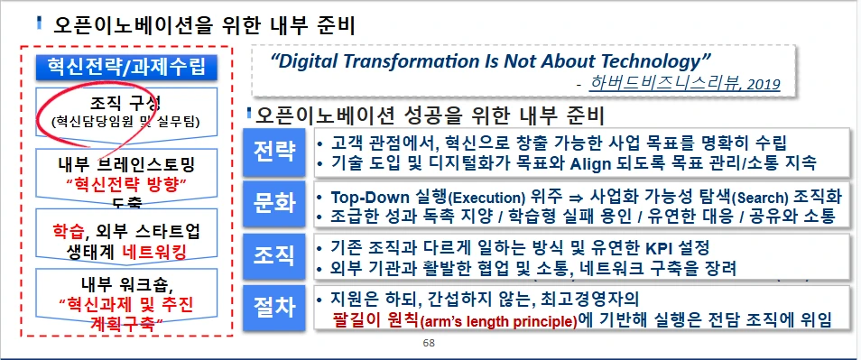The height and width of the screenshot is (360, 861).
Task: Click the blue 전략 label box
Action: pos(274,151)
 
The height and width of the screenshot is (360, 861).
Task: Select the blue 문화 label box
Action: pos(274,204)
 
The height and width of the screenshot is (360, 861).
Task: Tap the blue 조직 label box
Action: pos(274,255)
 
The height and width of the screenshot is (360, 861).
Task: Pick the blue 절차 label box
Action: pos(274,308)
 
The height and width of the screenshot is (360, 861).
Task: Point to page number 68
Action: pos(429,345)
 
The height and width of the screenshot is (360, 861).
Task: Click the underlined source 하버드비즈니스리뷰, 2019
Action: pos(684,84)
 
